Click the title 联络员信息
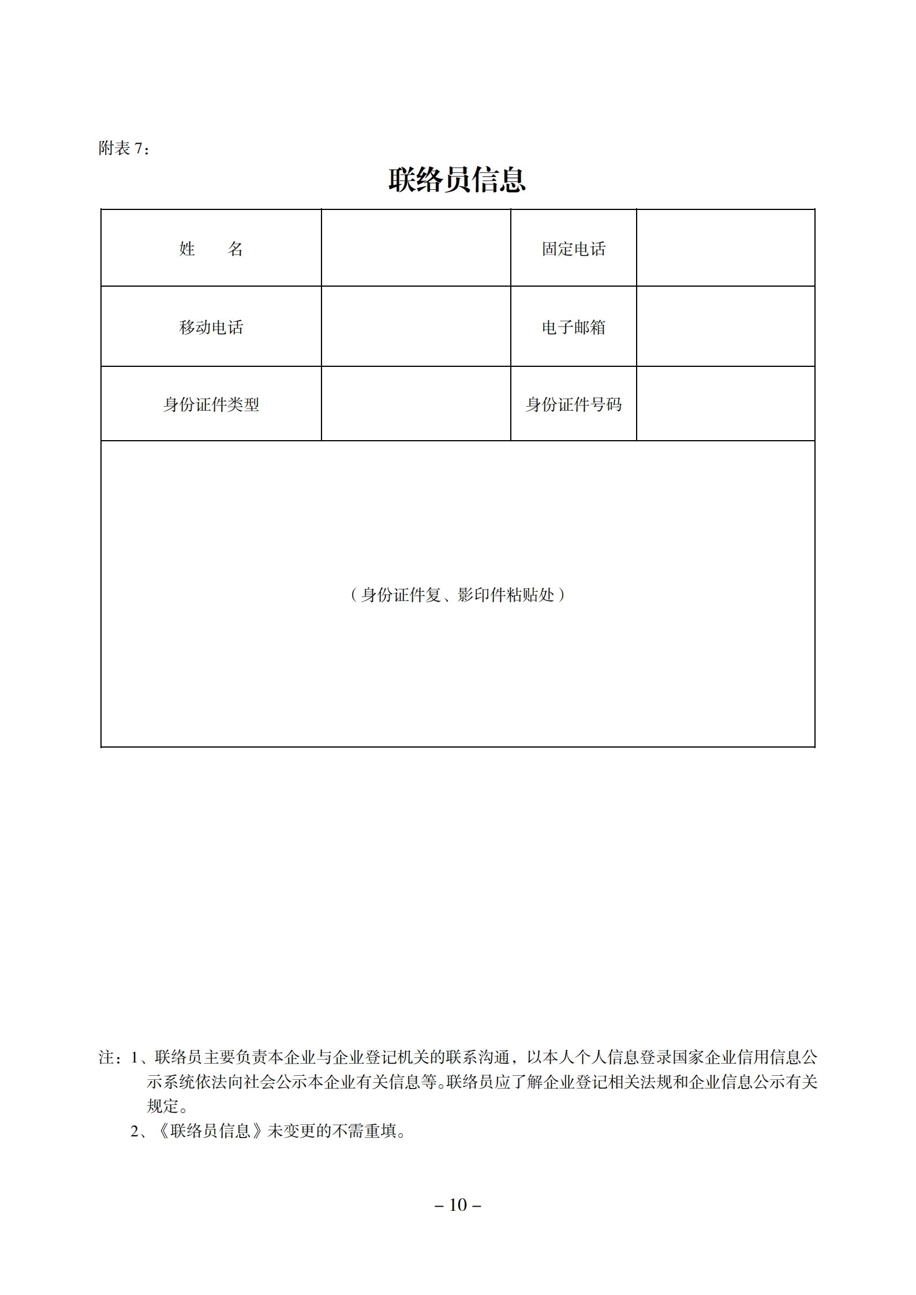(x=457, y=179)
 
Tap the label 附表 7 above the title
(x=124, y=148)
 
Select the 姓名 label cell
(x=211, y=249)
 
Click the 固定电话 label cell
(x=573, y=249)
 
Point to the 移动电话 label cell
(x=211, y=327)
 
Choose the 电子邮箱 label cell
(x=573, y=327)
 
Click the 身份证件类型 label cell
(x=211, y=404)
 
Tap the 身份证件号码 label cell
(x=573, y=404)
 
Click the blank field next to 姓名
(x=416, y=248)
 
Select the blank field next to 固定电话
(x=726, y=248)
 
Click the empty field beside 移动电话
(x=416, y=326)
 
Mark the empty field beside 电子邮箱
(x=726, y=326)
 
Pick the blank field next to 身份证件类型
(x=416, y=404)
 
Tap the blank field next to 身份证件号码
(x=726, y=404)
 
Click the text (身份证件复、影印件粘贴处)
(x=457, y=595)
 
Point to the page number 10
(x=458, y=1204)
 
